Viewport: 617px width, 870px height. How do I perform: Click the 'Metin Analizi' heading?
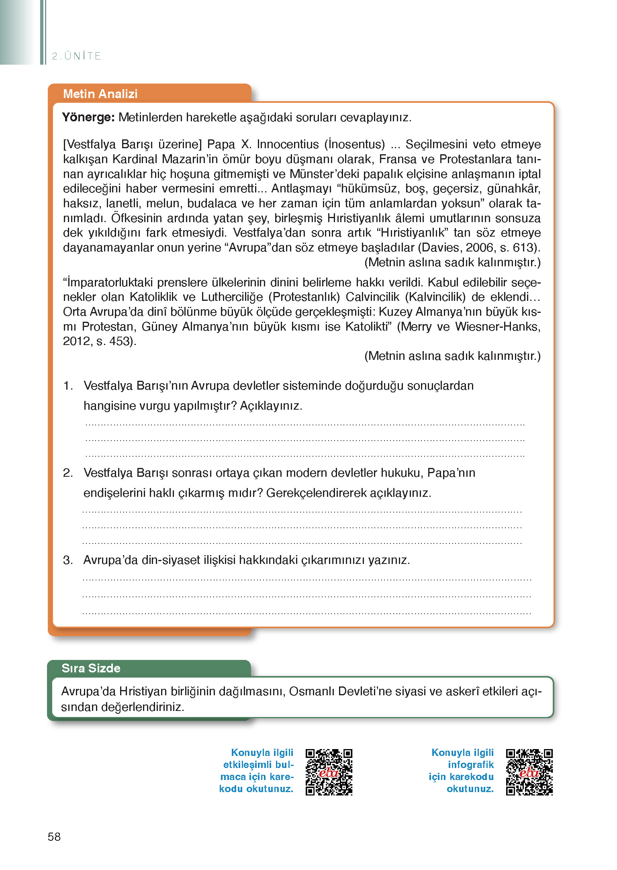click(100, 94)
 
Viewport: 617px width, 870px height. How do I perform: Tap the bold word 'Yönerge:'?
click(88, 117)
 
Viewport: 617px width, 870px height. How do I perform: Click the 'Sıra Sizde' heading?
click(91, 668)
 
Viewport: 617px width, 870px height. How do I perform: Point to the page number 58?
click(54, 837)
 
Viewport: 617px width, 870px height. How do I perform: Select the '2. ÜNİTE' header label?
click(76, 56)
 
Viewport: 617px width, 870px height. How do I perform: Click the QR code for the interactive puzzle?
click(329, 772)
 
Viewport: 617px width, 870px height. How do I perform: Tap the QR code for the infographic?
click(529, 772)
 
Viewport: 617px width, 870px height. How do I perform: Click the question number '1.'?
click(68, 386)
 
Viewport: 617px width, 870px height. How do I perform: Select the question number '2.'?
click(68, 473)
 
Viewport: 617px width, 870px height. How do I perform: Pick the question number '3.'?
click(68, 560)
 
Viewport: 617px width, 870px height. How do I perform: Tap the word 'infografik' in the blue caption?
click(470, 765)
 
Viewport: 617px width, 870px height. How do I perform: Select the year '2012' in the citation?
click(76, 341)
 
